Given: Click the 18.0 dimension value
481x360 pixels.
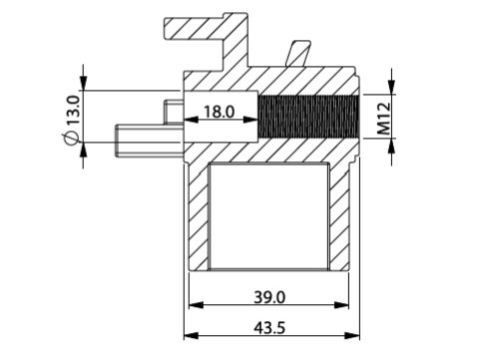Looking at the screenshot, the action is (x=219, y=112).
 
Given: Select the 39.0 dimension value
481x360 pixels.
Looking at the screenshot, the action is (x=269, y=297).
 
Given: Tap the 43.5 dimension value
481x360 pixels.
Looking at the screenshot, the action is (x=269, y=328).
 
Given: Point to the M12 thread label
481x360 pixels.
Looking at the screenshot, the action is (x=384, y=119).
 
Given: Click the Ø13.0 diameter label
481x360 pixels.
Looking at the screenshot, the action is (x=72, y=120).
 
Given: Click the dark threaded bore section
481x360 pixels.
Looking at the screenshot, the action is (x=308, y=117).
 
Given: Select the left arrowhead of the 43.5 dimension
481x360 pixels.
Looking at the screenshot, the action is (x=191, y=336).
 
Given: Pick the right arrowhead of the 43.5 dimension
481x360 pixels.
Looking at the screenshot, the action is (x=352, y=336).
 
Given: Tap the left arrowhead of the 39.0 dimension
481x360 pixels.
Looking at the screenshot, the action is (x=196, y=305).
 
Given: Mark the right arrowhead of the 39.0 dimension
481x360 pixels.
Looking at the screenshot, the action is (x=341, y=305).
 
